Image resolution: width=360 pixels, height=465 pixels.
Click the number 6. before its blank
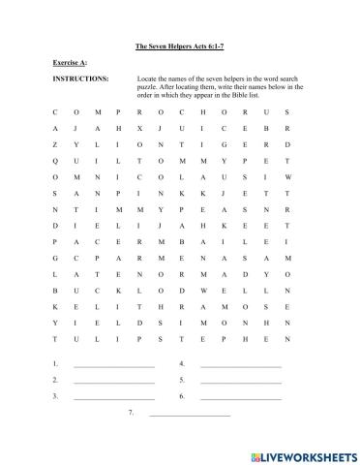(182, 396)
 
